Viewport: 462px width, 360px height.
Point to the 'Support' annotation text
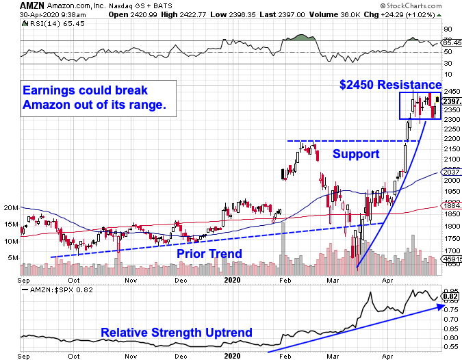[x=355, y=154]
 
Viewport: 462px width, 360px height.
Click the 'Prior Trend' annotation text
[x=209, y=253]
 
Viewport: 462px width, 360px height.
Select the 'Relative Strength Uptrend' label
[x=177, y=333]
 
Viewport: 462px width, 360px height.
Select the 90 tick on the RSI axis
[x=448, y=29]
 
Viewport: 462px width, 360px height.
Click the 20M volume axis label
[x=11, y=207]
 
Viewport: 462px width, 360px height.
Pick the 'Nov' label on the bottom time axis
[x=129, y=279]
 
